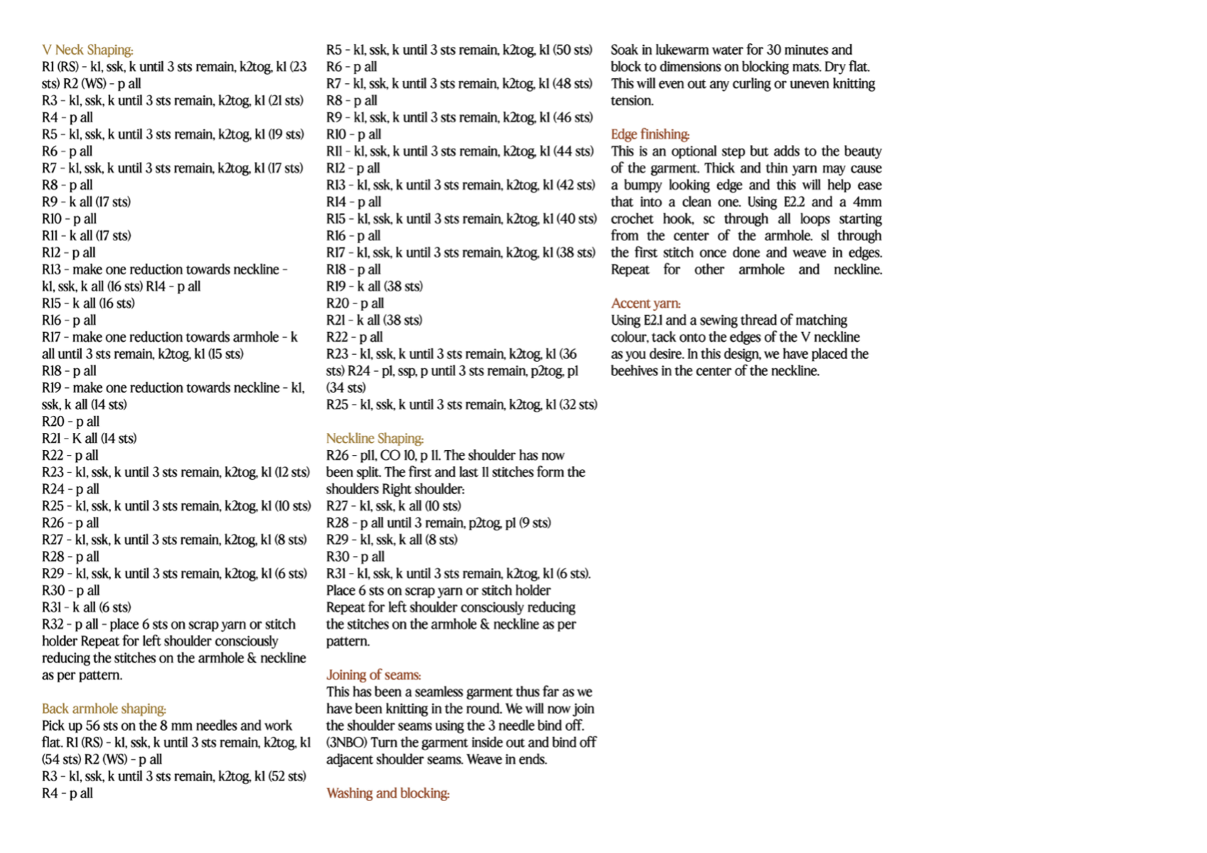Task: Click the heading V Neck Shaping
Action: tap(87, 50)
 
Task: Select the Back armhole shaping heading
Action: tap(104, 709)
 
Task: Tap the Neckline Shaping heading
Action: tap(375, 439)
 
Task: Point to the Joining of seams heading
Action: tap(373, 675)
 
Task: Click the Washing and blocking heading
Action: tap(387, 793)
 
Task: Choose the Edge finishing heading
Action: tap(650, 134)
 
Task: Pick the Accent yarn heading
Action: tap(645, 304)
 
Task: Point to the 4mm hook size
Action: tap(867, 202)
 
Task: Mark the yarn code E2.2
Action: tap(794, 202)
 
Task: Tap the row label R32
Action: tap(53, 624)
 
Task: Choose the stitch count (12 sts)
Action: tap(292, 472)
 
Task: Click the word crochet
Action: tap(632, 219)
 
